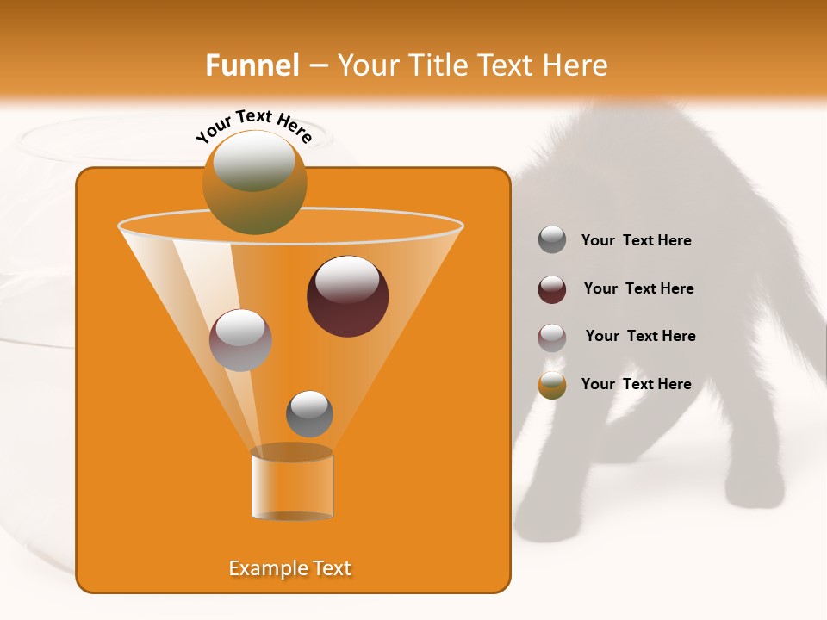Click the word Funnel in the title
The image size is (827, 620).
[x=252, y=65]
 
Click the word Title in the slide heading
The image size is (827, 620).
[x=437, y=65]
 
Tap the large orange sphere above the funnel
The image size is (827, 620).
[x=254, y=183]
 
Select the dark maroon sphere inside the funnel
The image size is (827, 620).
[x=347, y=296]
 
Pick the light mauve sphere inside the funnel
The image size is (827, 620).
[x=240, y=340]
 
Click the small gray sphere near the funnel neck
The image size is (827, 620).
[x=309, y=413]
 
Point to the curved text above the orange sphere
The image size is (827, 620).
[x=254, y=127]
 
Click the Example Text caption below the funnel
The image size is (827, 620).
[x=290, y=568]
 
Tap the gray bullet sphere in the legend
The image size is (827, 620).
[x=552, y=240]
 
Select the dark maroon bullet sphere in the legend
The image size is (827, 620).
[x=552, y=289]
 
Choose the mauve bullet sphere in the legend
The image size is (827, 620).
[x=552, y=338]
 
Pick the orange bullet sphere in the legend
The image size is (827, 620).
[x=552, y=385]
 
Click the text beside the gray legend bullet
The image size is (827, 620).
[x=636, y=241]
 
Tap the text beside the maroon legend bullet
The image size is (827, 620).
[x=638, y=288]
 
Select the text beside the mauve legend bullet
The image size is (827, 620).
[x=640, y=336]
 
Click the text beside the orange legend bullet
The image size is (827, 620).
[x=636, y=384]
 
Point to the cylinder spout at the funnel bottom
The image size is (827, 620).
[x=292, y=484]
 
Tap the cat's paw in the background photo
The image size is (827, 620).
[x=758, y=491]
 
